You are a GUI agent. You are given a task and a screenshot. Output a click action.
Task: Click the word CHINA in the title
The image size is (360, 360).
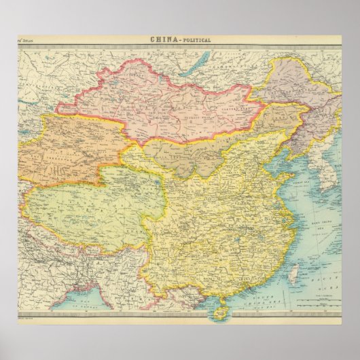pyautogui.click(x=162, y=40)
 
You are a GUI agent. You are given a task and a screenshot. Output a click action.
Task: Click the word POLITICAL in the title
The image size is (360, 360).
pyautogui.click(x=196, y=40)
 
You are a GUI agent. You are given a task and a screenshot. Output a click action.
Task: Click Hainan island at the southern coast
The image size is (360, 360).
pyautogui.click(x=218, y=310)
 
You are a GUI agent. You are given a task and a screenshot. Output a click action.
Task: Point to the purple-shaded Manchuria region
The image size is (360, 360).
pyautogui.click(x=299, y=95)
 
